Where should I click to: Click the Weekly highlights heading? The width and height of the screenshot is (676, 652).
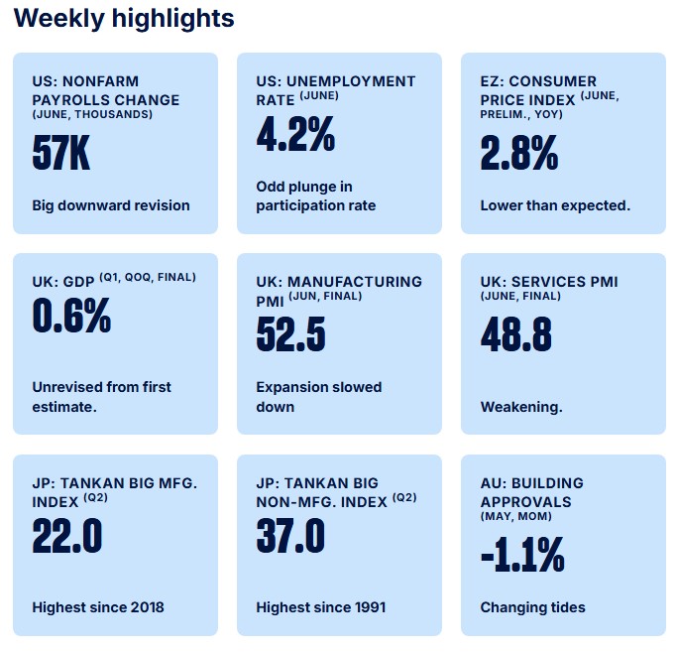click(x=124, y=19)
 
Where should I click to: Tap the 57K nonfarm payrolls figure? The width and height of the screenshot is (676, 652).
click(x=61, y=152)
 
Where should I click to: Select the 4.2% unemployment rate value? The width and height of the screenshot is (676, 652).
click(x=295, y=134)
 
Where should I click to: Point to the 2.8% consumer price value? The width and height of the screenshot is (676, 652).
click(x=519, y=152)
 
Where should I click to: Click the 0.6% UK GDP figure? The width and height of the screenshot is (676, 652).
click(x=71, y=316)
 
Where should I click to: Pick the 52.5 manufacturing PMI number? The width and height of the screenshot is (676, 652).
click(x=291, y=334)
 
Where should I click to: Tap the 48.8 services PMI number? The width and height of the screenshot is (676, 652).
click(x=516, y=334)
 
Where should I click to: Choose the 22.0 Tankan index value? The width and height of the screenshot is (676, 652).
click(x=67, y=536)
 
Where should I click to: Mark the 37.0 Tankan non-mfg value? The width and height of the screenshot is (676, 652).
click(x=290, y=536)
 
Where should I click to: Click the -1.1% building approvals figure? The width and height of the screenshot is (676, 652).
click(x=522, y=555)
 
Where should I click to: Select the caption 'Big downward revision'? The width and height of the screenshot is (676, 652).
click(x=111, y=205)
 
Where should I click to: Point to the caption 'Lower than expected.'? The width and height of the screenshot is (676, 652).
click(x=555, y=205)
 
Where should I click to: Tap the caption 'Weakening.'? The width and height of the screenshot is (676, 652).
click(x=521, y=407)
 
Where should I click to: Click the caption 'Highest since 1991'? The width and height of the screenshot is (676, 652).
click(x=321, y=607)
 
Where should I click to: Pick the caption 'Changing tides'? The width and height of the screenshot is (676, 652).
click(x=533, y=607)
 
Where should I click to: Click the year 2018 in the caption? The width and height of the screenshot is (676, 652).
click(x=147, y=607)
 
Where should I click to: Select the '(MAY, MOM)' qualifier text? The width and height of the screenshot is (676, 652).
click(x=516, y=516)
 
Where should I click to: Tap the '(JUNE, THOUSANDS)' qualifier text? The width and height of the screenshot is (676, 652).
click(x=92, y=114)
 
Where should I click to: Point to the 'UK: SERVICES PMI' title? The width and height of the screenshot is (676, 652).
click(x=549, y=282)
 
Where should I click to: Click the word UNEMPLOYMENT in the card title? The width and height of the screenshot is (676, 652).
click(x=351, y=81)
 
